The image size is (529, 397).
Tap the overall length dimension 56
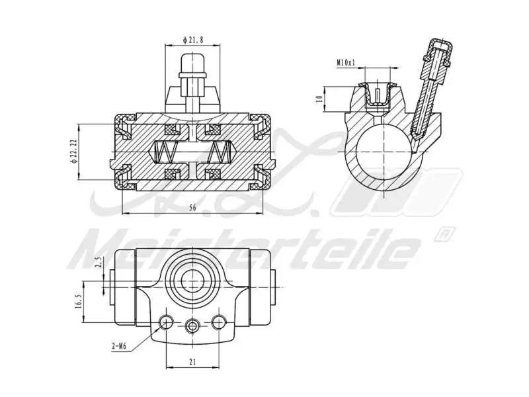point(192,208)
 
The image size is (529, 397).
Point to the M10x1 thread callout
point(346,62)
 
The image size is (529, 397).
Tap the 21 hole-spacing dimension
point(192,362)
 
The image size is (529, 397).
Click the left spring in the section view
point(165,153)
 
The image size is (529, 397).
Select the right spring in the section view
point(219,153)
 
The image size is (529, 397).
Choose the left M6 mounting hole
point(166,322)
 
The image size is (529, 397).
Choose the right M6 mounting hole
point(219,322)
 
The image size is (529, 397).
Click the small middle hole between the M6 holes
point(192,325)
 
